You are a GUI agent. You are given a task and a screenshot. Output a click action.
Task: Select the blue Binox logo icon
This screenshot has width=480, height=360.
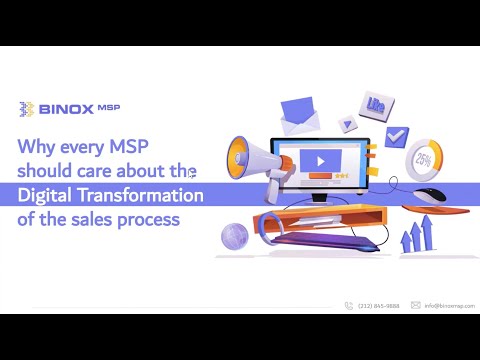(x=28, y=108)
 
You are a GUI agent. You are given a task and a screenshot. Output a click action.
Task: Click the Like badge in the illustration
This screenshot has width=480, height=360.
(x=377, y=103)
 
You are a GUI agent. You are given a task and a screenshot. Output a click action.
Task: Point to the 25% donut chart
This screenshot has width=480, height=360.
(x=424, y=160)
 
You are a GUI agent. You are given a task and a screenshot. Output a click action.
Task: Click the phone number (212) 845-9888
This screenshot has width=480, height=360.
(x=377, y=305)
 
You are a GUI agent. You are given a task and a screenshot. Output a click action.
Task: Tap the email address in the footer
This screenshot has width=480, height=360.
(x=449, y=305)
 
